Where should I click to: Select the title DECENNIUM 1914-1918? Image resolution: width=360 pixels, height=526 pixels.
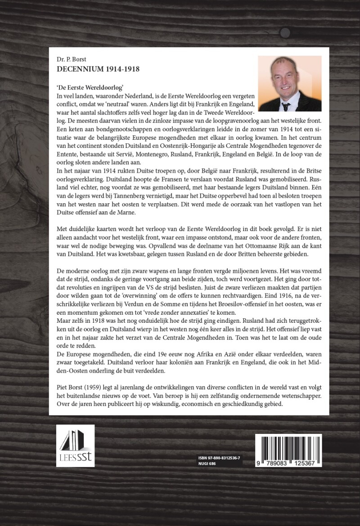tap(96, 69)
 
